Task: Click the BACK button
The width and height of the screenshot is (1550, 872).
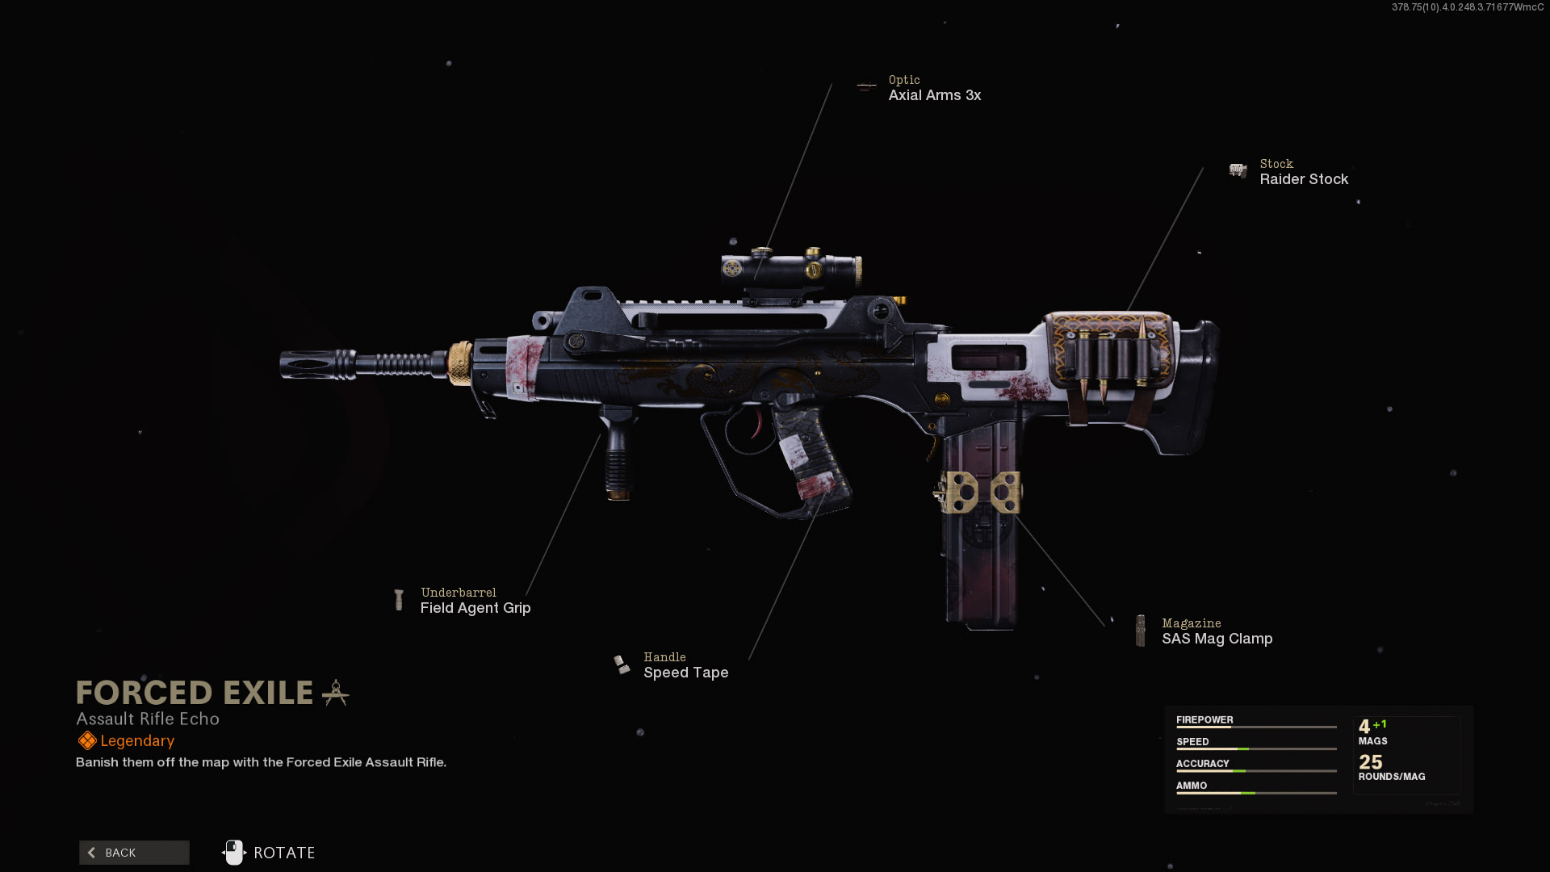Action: point(134,853)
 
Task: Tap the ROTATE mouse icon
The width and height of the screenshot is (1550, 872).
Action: point(234,853)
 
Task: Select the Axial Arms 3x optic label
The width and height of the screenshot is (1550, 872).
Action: point(935,95)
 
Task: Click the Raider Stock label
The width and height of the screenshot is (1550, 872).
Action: point(1304,179)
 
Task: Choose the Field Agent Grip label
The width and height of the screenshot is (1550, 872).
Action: point(475,608)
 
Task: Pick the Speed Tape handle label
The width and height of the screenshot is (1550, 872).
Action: point(686,673)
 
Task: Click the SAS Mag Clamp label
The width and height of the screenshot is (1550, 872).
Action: point(1217,639)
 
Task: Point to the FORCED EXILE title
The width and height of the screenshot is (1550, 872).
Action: point(195,693)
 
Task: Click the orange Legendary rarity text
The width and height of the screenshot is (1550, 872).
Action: point(137,741)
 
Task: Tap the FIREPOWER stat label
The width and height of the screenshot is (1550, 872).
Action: point(1204,719)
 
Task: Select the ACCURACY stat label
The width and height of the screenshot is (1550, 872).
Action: point(1203,763)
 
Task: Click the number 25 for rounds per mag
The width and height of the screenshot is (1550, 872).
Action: point(1371,761)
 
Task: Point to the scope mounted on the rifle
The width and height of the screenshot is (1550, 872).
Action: point(791,270)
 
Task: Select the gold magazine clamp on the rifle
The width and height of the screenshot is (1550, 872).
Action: point(978,492)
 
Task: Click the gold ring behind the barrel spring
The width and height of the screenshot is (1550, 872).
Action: point(460,363)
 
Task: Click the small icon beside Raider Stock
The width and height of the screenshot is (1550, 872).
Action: point(1238,170)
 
